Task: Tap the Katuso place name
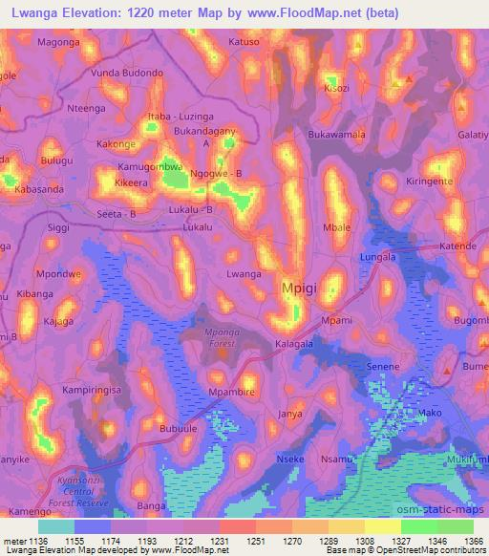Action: [x=244, y=42]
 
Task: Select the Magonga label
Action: [x=59, y=43]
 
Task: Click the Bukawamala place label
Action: [x=336, y=135]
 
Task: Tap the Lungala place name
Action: [x=377, y=257]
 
